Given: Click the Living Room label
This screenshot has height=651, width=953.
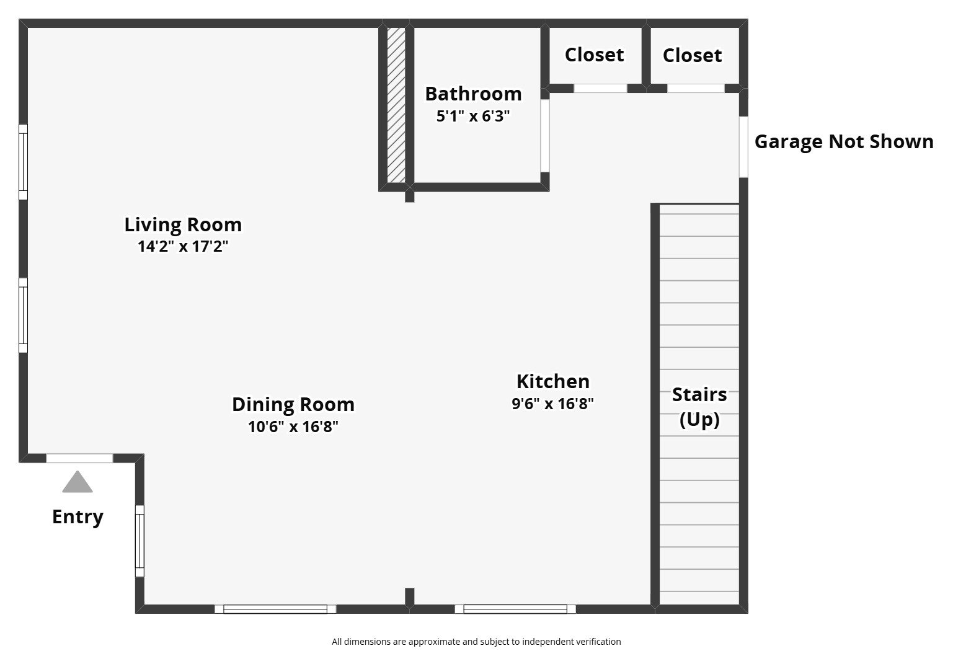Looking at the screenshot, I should (183, 224).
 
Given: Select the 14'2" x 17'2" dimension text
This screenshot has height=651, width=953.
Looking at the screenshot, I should (183, 247).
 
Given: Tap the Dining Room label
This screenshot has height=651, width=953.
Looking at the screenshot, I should (293, 404).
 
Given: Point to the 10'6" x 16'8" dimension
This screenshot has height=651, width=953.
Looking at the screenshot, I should (293, 427).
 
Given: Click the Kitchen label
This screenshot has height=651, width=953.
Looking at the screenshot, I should (553, 381).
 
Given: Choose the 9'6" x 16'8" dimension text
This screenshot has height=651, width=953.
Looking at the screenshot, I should (553, 404).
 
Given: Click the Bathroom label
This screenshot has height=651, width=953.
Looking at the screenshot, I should (473, 94).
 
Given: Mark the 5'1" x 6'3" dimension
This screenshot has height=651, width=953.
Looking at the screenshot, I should (473, 116).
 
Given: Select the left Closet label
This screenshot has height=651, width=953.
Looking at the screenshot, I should (594, 55).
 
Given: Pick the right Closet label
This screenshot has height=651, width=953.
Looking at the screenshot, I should (692, 55).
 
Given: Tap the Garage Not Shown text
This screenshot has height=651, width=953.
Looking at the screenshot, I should (844, 141).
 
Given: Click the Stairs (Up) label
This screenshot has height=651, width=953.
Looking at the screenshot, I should (699, 407).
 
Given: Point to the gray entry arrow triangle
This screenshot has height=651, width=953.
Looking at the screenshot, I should (78, 483).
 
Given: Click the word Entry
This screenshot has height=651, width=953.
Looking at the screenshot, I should (78, 516).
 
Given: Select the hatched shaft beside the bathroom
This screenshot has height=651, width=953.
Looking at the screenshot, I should (396, 105).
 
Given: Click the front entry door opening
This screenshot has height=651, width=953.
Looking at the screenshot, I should (80, 458).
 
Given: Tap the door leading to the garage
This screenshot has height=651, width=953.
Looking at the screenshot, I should (743, 147).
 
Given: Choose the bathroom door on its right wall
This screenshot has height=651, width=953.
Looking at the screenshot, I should (544, 135).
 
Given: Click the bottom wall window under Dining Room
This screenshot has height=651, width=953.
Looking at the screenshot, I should (275, 609).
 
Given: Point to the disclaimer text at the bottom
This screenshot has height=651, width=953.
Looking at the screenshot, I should (476, 642).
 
